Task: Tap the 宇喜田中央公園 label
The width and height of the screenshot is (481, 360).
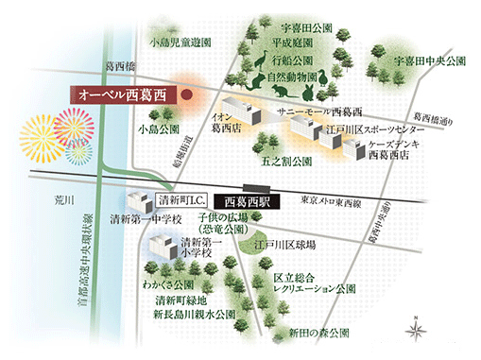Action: (430, 60)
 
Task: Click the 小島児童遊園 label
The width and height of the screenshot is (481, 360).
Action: (180, 43)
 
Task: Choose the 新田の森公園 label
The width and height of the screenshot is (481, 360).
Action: (319, 333)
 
